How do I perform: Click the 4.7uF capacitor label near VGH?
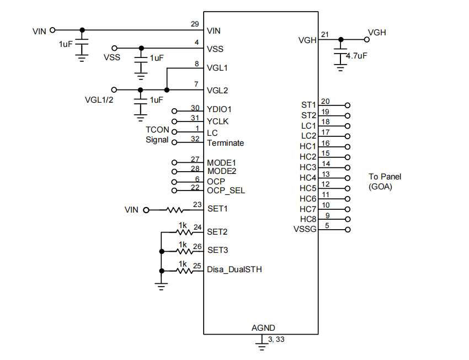tap(356, 56)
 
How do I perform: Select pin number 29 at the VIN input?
tap(195, 24)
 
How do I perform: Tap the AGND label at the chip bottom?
tap(263, 327)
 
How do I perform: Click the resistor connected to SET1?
tap(175, 210)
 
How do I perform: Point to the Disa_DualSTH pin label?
tap(234, 270)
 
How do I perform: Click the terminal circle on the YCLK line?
tap(175, 121)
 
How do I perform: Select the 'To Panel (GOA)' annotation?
tap(385, 182)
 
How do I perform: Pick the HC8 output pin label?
tap(308, 219)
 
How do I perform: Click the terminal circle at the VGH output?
tap(366, 39)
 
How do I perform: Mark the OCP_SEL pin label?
tap(226, 190)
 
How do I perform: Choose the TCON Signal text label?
tap(157, 135)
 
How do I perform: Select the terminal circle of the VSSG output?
tap(348, 230)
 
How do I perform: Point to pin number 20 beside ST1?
tap(326, 101)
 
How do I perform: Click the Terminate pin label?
tap(225, 143)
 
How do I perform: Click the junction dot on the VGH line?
tap(341, 39)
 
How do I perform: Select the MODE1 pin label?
tap(221, 163)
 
